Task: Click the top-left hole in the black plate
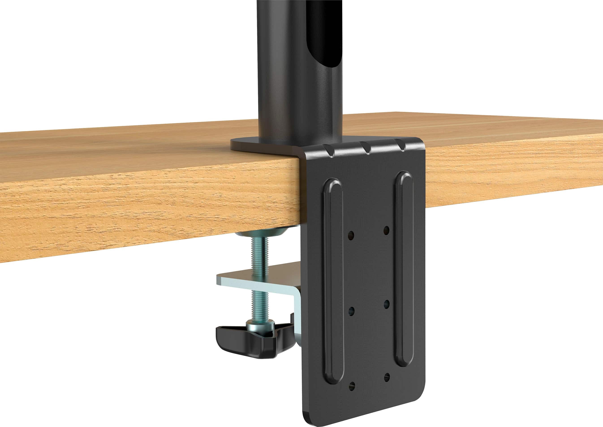point(351,235)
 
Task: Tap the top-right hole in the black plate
point(386,231)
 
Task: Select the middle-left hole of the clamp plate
point(351,311)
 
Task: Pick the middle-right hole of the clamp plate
point(387,304)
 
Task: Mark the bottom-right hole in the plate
point(387,377)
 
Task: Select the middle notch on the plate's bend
point(366,147)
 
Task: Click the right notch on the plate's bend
point(401,144)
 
